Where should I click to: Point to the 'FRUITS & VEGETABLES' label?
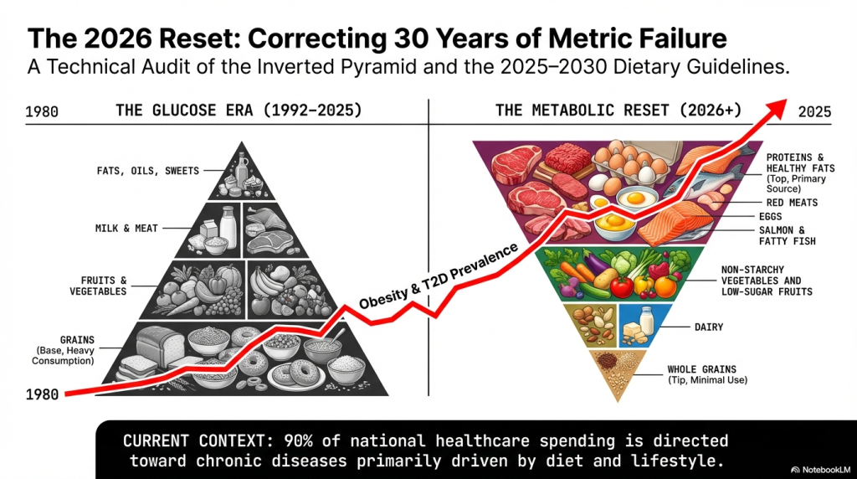point(99,285)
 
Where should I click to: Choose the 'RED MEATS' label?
point(792,203)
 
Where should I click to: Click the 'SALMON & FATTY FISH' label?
point(786,235)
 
